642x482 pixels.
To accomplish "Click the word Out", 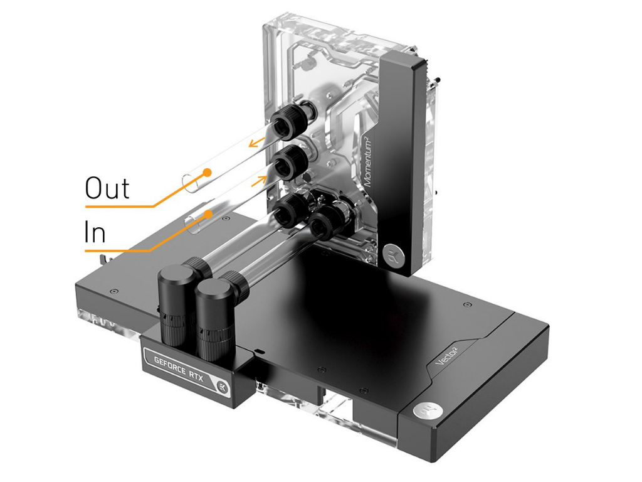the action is [x=107, y=188].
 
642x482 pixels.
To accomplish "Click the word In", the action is [x=95, y=232].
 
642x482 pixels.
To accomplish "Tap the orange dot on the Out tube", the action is [x=208, y=173].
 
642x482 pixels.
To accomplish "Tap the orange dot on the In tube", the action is [x=209, y=214].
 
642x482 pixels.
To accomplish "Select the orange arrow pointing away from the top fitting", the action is [x=256, y=142].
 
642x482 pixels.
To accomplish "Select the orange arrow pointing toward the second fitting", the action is [x=259, y=180].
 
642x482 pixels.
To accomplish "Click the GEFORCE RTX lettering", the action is [x=179, y=368].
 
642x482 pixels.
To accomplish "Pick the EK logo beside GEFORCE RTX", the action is [x=223, y=386].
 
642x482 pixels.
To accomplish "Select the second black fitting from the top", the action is [x=289, y=164].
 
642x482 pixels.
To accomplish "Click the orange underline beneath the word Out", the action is [x=118, y=206].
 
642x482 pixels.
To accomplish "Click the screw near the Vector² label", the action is [x=467, y=304].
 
